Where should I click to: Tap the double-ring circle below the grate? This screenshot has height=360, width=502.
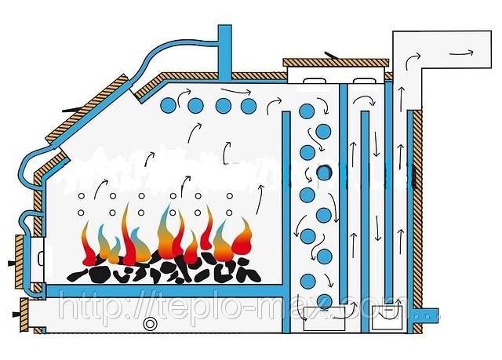click(148, 324)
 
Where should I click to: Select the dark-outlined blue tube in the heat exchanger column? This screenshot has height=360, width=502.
click(322, 173)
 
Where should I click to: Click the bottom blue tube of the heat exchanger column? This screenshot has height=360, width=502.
click(323, 300)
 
